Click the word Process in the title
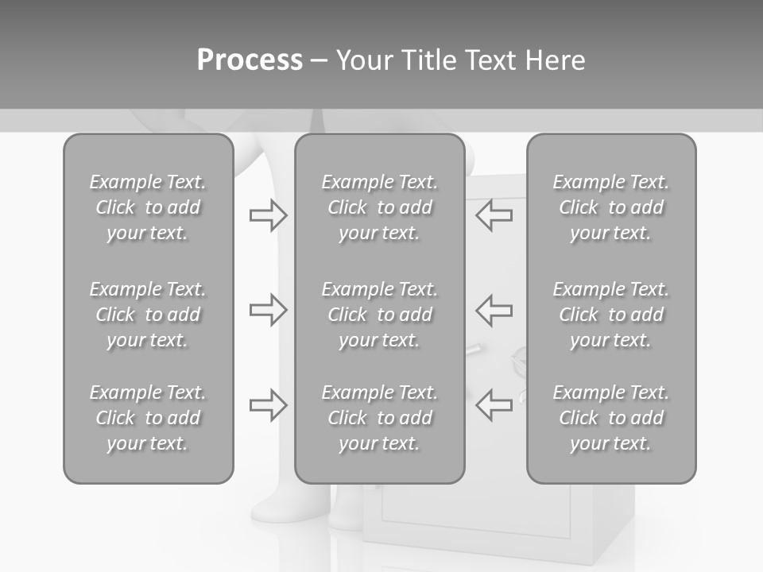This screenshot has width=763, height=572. [x=250, y=60]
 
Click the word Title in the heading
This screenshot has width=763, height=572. [x=429, y=60]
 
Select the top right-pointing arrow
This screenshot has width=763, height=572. [x=268, y=215]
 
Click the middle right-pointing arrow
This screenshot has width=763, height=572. [x=268, y=309]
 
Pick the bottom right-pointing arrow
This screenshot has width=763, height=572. [x=268, y=405]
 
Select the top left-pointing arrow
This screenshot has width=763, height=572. [x=494, y=215]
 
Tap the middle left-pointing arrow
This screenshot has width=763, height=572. [x=494, y=309]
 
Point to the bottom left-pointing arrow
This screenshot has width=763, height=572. [x=494, y=405]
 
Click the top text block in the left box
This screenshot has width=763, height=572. [x=148, y=207]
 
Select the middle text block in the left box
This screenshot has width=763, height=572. [x=148, y=315]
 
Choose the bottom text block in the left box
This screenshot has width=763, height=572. [x=148, y=418]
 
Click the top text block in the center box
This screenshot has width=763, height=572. [x=379, y=207]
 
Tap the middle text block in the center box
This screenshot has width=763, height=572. [x=379, y=315]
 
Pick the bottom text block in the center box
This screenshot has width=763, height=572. [x=379, y=418]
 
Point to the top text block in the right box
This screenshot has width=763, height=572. [x=611, y=207]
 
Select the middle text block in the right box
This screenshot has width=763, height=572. [x=611, y=315]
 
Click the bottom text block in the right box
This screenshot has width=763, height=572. [x=611, y=418]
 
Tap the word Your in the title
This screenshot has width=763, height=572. [x=365, y=60]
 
